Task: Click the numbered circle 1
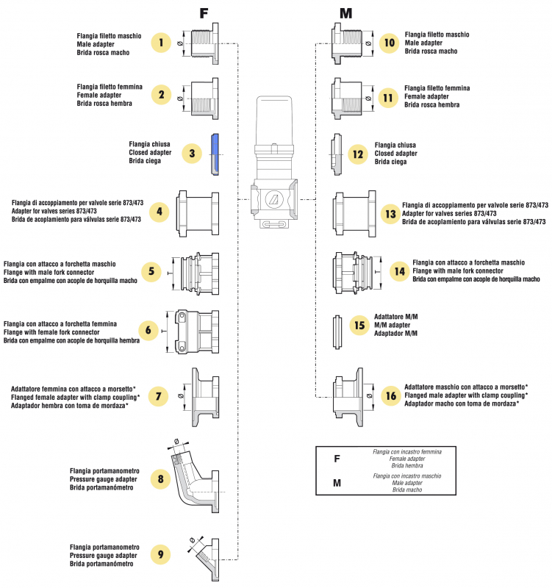161,43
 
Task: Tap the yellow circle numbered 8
161,479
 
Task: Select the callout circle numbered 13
390,213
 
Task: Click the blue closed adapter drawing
214,154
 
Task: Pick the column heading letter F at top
206,13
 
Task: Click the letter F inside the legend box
337,459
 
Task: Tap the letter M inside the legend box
337,483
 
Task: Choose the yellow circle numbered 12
358,154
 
